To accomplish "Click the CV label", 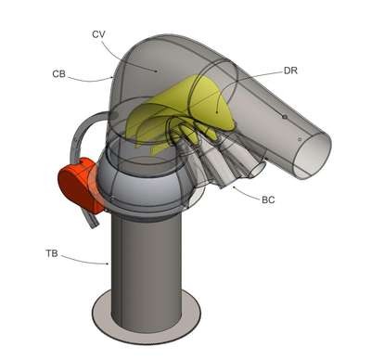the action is (98, 34).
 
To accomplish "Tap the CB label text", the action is (58, 74).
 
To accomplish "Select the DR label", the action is (290, 71).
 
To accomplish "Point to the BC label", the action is (268, 199).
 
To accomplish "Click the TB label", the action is (52, 254).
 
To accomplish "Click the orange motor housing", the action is (81, 186).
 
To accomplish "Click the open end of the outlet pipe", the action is (312, 156).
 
